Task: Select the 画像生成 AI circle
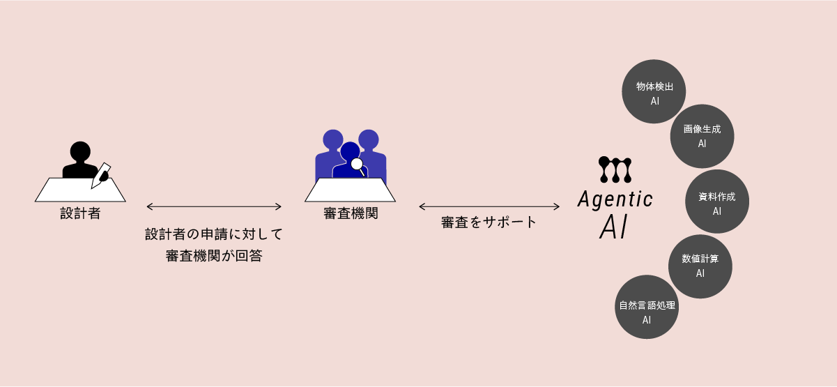click(702, 136)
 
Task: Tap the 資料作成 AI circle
click(717, 202)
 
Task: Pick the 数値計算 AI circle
click(700, 266)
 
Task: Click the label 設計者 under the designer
click(80, 213)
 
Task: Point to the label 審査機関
click(351, 213)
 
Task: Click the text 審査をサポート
click(489, 222)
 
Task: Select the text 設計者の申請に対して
click(214, 234)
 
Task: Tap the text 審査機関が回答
click(214, 256)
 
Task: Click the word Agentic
click(615, 200)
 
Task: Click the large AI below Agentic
click(615, 228)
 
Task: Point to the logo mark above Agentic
click(615, 170)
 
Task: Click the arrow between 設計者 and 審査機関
click(214, 206)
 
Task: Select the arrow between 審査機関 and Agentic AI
click(489, 206)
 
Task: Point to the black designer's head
click(80, 151)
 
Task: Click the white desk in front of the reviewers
click(351, 190)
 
